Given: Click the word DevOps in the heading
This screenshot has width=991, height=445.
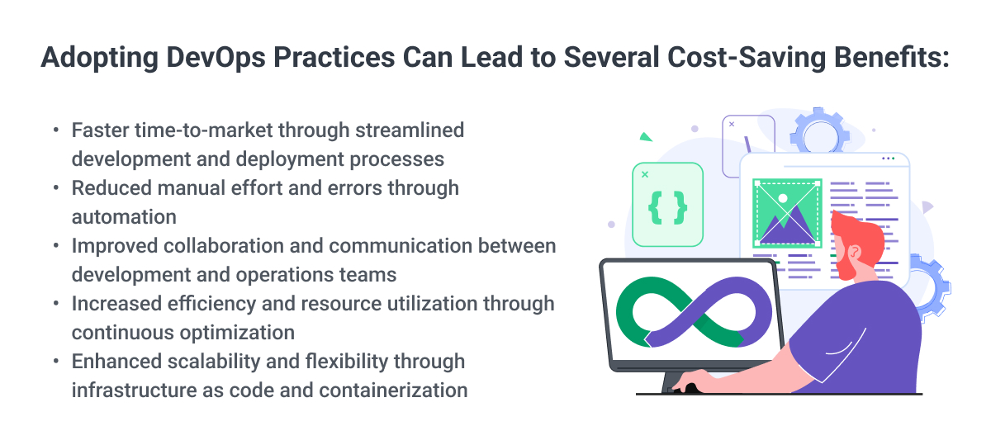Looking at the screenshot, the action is [x=216, y=58].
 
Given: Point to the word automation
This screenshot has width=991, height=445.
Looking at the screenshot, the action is [x=124, y=217].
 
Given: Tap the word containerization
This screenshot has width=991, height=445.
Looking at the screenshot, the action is [x=393, y=391].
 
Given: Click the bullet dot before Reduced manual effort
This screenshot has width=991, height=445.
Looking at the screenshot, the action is [x=56, y=188].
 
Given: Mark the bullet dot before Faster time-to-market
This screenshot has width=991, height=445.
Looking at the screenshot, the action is [x=56, y=130].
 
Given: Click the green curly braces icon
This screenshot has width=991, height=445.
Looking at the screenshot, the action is [x=667, y=208].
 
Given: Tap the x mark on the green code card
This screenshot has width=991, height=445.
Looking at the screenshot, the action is [x=645, y=175].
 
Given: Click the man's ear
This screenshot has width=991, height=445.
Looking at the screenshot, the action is [x=855, y=253].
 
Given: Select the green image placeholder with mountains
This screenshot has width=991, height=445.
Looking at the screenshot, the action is [x=787, y=213].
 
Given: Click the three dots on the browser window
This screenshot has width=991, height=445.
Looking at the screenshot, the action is [x=889, y=159].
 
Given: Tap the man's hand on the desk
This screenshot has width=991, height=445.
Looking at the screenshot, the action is [x=691, y=381].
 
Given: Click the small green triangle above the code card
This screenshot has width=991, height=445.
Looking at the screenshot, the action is [x=646, y=138].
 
